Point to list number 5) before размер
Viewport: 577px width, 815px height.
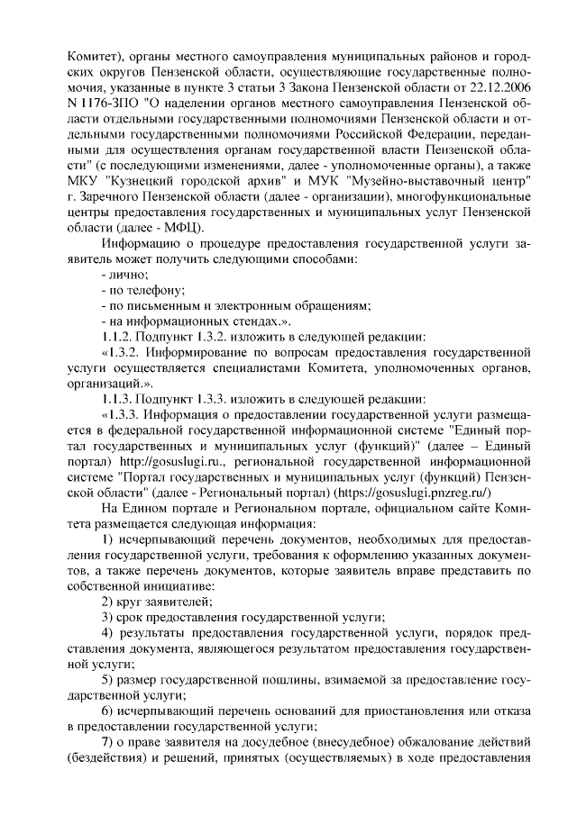107,678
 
